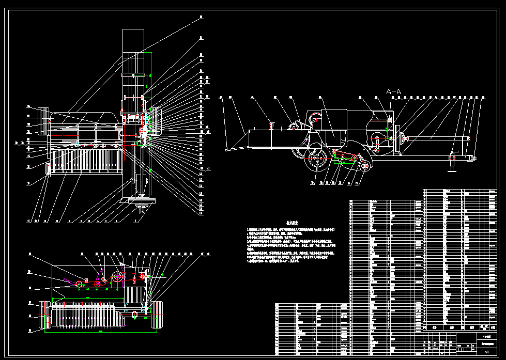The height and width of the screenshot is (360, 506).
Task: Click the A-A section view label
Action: tap(393, 91)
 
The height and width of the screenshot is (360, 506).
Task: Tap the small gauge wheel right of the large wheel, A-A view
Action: tap(365, 165)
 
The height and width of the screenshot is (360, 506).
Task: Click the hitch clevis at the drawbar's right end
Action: tap(471, 158)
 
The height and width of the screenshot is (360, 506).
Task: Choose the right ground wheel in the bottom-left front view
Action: tap(158, 315)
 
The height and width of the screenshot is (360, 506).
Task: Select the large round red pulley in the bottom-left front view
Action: tap(118, 277)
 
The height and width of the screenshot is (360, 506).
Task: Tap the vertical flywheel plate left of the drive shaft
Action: tap(397, 138)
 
